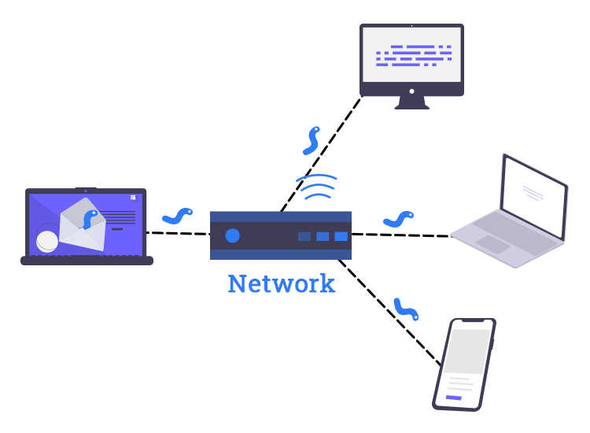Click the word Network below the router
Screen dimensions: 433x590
tap(281, 283)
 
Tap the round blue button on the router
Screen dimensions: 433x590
tap(232, 235)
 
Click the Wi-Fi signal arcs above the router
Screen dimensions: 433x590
tap(316, 187)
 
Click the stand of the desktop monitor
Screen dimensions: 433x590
tap(411, 102)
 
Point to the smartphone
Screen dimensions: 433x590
tap(465, 363)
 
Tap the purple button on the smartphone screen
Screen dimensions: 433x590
tap(454, 398)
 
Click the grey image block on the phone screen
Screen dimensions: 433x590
tap(469, 352)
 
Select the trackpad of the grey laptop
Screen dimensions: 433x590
tap(493, 244)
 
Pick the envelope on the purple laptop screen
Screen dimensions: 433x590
tap(83, 225)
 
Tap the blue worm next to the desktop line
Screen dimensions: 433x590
tap(312, 140)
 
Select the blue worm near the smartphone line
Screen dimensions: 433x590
tap(406, 309)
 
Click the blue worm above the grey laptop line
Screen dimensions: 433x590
tap(399, 220)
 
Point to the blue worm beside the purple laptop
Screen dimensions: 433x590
tap(177, 215)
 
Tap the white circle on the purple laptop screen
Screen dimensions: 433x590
tap(47, 240)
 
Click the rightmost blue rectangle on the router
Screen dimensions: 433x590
tap(341, 236)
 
